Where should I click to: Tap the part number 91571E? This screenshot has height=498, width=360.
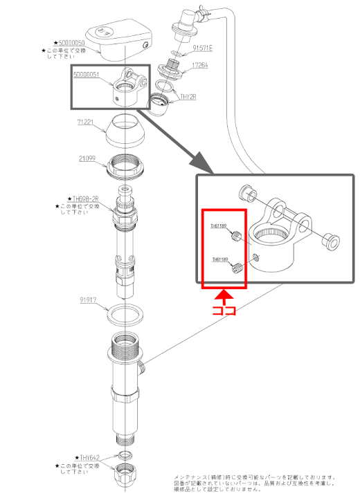pyautogui.click(x=203, y=48)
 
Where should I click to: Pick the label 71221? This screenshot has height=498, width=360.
pyautogui.click(x=84, y=121)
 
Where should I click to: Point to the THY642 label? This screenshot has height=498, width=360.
pyautogui.click(x=89, y=457)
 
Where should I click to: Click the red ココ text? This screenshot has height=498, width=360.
pyautogui.click(x=223, y=310)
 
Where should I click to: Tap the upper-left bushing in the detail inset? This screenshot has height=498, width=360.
pyautogui.click(x=246, y=192)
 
